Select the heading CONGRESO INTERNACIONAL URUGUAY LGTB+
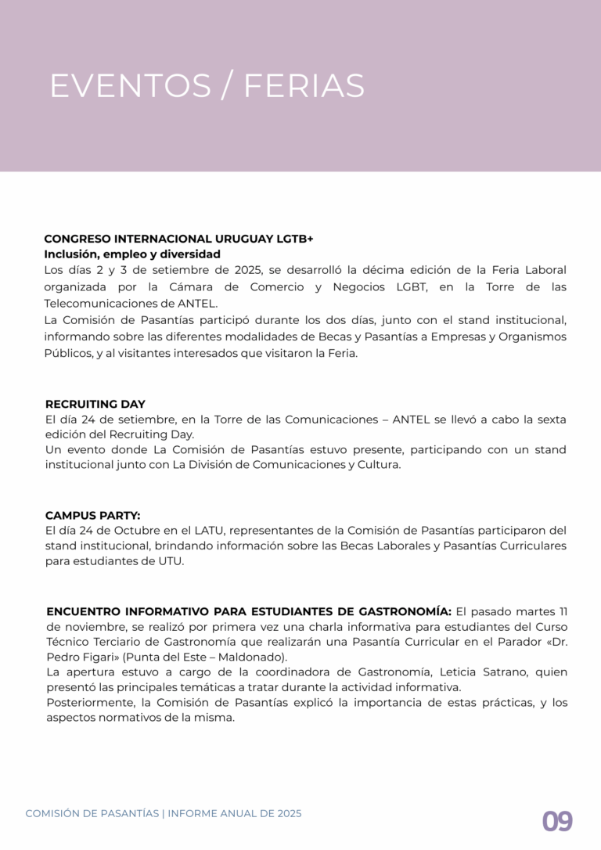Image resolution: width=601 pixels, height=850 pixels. click(x=178, y=239)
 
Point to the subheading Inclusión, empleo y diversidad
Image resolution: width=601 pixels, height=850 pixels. click(x=132, y=254)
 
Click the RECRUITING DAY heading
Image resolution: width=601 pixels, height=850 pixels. click(x=95, y=404)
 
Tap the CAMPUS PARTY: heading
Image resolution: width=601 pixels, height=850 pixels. click(x=92, y=515)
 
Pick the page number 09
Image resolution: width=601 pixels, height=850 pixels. click(x=557, y=822)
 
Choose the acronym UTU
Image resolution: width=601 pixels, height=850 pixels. click(x=169, y=561)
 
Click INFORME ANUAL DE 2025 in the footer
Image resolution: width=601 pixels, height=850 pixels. click(x=235, y=814)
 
